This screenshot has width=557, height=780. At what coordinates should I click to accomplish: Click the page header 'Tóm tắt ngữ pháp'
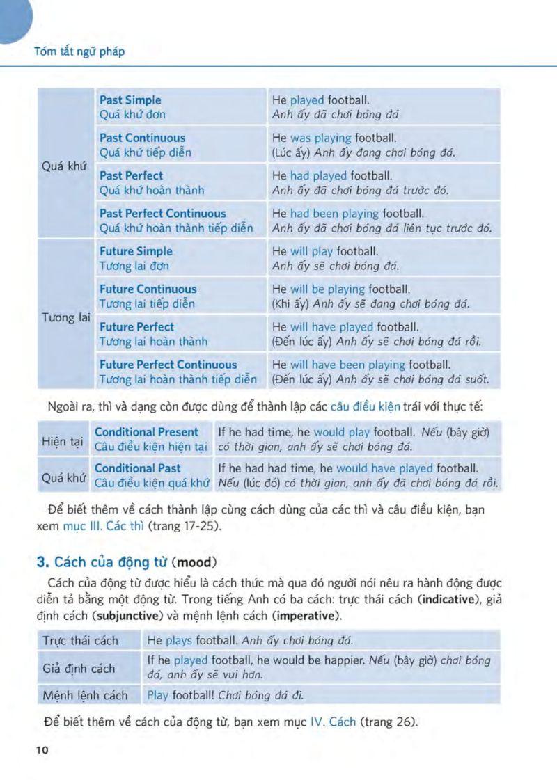(x=79, y=51)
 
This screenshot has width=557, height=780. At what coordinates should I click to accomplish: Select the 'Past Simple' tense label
(x=130, y=100)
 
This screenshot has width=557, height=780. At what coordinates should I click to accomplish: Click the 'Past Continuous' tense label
(x=143, y=138)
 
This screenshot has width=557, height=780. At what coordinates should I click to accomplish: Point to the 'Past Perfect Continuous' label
(x=163, y=214)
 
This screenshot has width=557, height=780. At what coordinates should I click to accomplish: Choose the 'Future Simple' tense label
(x=136, y=251)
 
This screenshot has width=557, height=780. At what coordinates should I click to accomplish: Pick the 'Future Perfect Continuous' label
(x=168, y=365)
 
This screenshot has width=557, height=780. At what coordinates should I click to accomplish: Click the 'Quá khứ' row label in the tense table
(x=65, y=168)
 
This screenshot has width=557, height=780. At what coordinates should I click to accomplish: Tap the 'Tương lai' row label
(x=66, y=317)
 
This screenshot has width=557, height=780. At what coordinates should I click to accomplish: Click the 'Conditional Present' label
(x=146, y=432)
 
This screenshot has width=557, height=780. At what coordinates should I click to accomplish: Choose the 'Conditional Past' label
(x=137, y=468)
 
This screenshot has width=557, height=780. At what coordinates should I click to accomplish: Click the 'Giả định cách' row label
(x=79, y=669)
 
